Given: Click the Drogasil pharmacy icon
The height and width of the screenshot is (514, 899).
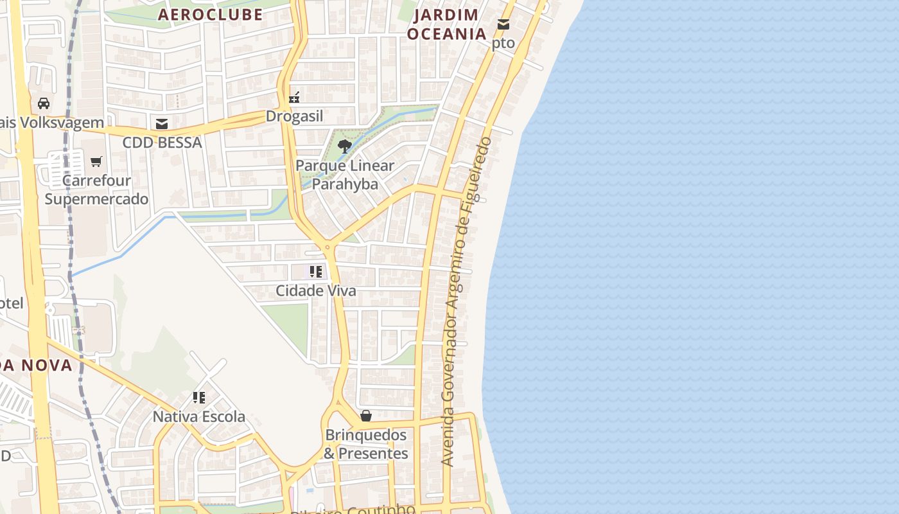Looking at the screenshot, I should coord(294,98).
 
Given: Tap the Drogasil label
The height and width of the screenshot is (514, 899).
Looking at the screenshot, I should coord(295,117).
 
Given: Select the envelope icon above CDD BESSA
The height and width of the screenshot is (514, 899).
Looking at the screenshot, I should coord(162,123).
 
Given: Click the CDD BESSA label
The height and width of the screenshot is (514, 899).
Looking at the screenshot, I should coord(162,143).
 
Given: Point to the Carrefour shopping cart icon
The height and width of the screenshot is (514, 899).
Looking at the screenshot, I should coord(96,161).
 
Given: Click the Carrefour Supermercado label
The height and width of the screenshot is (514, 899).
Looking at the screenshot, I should coord(96,190).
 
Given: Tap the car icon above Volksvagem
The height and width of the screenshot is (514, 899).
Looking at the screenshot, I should coord(44,103).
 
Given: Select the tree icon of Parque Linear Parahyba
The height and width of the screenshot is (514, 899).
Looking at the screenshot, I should coord(345,146).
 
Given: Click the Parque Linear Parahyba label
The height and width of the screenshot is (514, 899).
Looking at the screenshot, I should coord(345,175).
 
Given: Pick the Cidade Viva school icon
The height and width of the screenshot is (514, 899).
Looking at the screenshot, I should coord(315,272).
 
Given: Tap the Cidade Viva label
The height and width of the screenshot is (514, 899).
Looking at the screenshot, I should coord(315,291).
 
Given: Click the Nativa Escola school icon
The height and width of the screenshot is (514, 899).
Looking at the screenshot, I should coord(199,398).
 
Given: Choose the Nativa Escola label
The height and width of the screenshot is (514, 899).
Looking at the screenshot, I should coord(199,417).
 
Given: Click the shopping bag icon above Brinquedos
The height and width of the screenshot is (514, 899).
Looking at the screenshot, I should coord(366,416).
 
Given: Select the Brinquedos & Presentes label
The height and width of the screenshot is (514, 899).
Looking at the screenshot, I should coord(366,444).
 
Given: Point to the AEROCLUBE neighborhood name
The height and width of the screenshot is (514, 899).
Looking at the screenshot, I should coord(211,15).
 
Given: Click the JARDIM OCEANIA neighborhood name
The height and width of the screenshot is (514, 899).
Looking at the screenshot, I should coord(447,24).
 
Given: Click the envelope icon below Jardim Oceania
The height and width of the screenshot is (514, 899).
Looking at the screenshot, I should coord(503,24).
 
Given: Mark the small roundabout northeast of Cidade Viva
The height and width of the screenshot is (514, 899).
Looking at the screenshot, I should coord(327,246).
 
